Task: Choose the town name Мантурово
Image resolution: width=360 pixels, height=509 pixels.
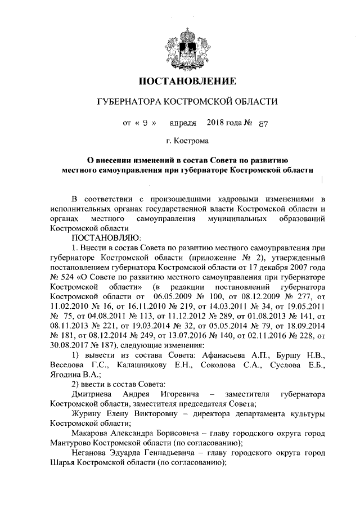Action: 69,443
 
